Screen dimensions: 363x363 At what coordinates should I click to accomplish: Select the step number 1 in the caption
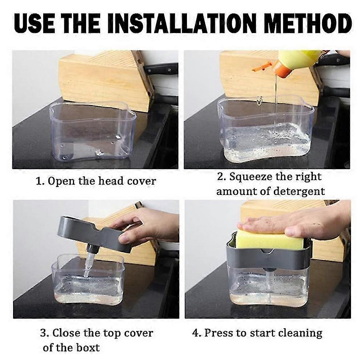coord(39,181)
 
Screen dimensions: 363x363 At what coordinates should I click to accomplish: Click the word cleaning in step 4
coord(300,333)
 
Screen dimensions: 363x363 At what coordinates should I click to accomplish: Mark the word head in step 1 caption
coord(111,181)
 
